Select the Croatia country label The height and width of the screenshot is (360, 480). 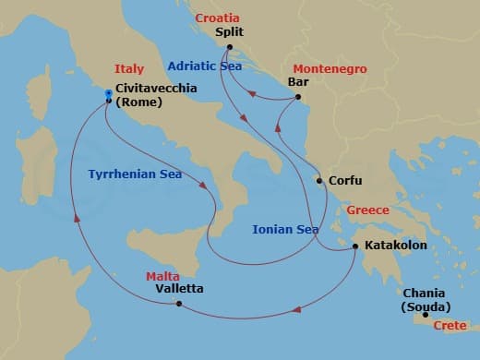[x=217, y=17]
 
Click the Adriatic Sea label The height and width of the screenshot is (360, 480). [x=204, y=66]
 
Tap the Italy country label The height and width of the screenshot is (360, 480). [x=129, y=69]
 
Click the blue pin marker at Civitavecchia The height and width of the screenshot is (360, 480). [x=109, y=94]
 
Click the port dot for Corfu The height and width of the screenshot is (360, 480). [x=319, y=181]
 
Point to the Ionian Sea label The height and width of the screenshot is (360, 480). [x=286, y=229]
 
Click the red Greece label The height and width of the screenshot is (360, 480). [x=366, y=210]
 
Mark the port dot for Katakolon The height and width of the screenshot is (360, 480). [x=355, y=246]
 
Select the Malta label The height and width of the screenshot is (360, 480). [x=162, y=276]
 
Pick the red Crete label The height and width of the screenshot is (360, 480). [x=451, y=326]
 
